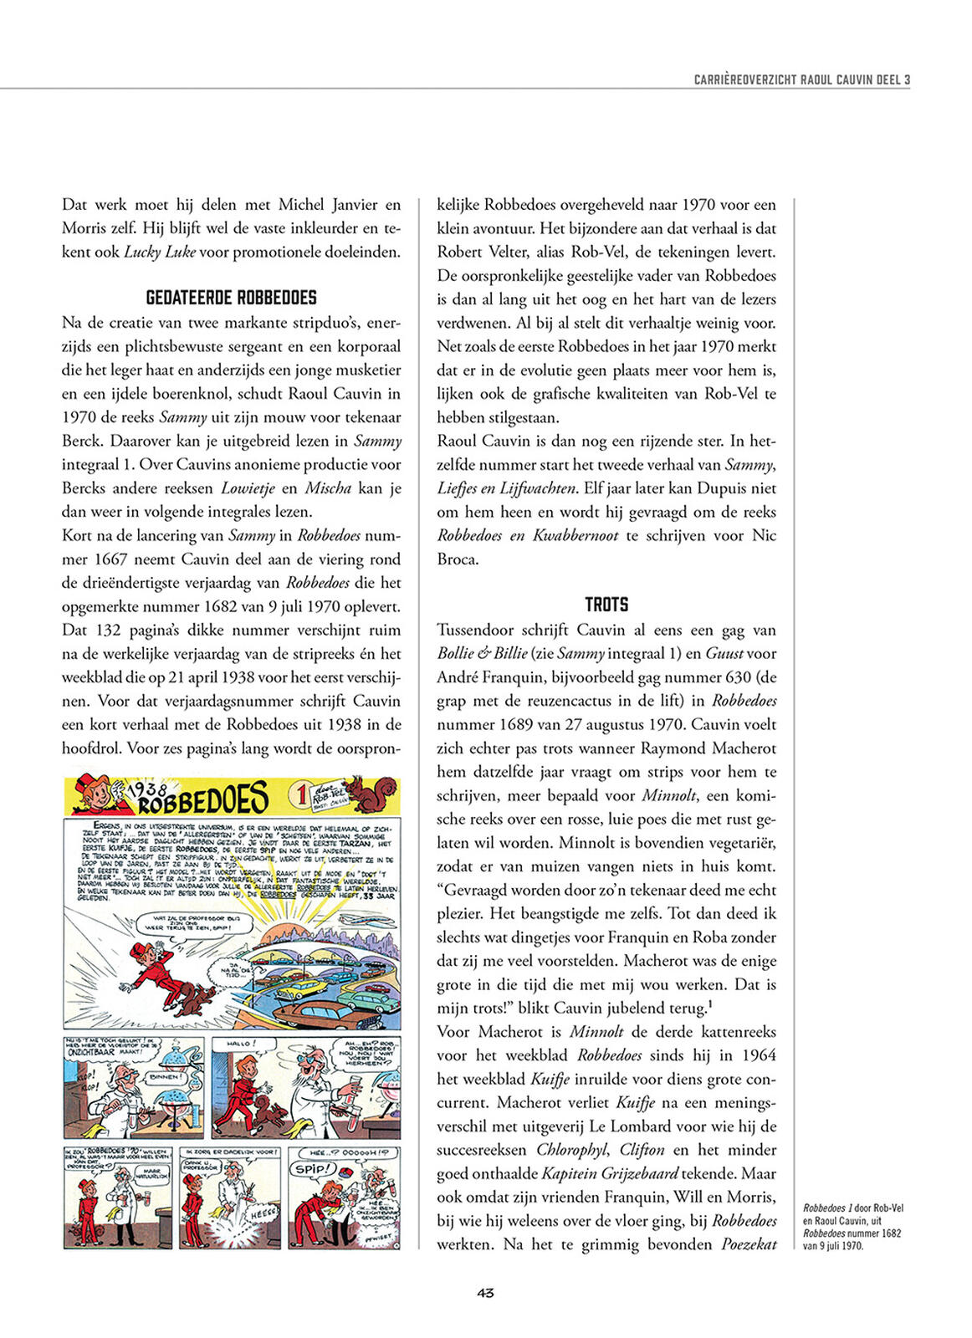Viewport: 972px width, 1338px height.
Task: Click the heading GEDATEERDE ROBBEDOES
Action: click(231, 298)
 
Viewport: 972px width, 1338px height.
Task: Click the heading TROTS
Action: click(606, 605)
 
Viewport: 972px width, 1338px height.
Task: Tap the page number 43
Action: click(485, 1292)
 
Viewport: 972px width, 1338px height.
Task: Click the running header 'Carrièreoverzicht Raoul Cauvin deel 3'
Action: click(801, 79)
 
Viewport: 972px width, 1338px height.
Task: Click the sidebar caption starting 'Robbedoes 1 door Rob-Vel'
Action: click(852, 1226)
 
